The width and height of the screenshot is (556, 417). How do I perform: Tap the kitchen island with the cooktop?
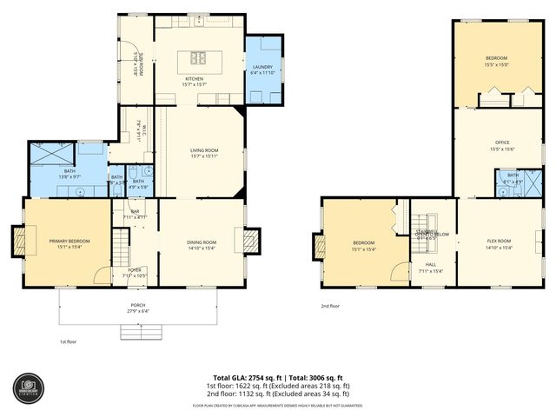point(195,60)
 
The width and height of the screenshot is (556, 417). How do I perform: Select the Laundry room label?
point(262,69)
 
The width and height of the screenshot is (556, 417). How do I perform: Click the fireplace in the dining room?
point(253,240)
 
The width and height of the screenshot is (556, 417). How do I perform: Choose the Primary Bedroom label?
point(69,242)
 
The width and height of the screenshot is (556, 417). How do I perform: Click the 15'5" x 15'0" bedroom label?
point(496,60)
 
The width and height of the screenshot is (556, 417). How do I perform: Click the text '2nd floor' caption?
point(330,306)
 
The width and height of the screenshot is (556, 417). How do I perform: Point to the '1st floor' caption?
point(69,341)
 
